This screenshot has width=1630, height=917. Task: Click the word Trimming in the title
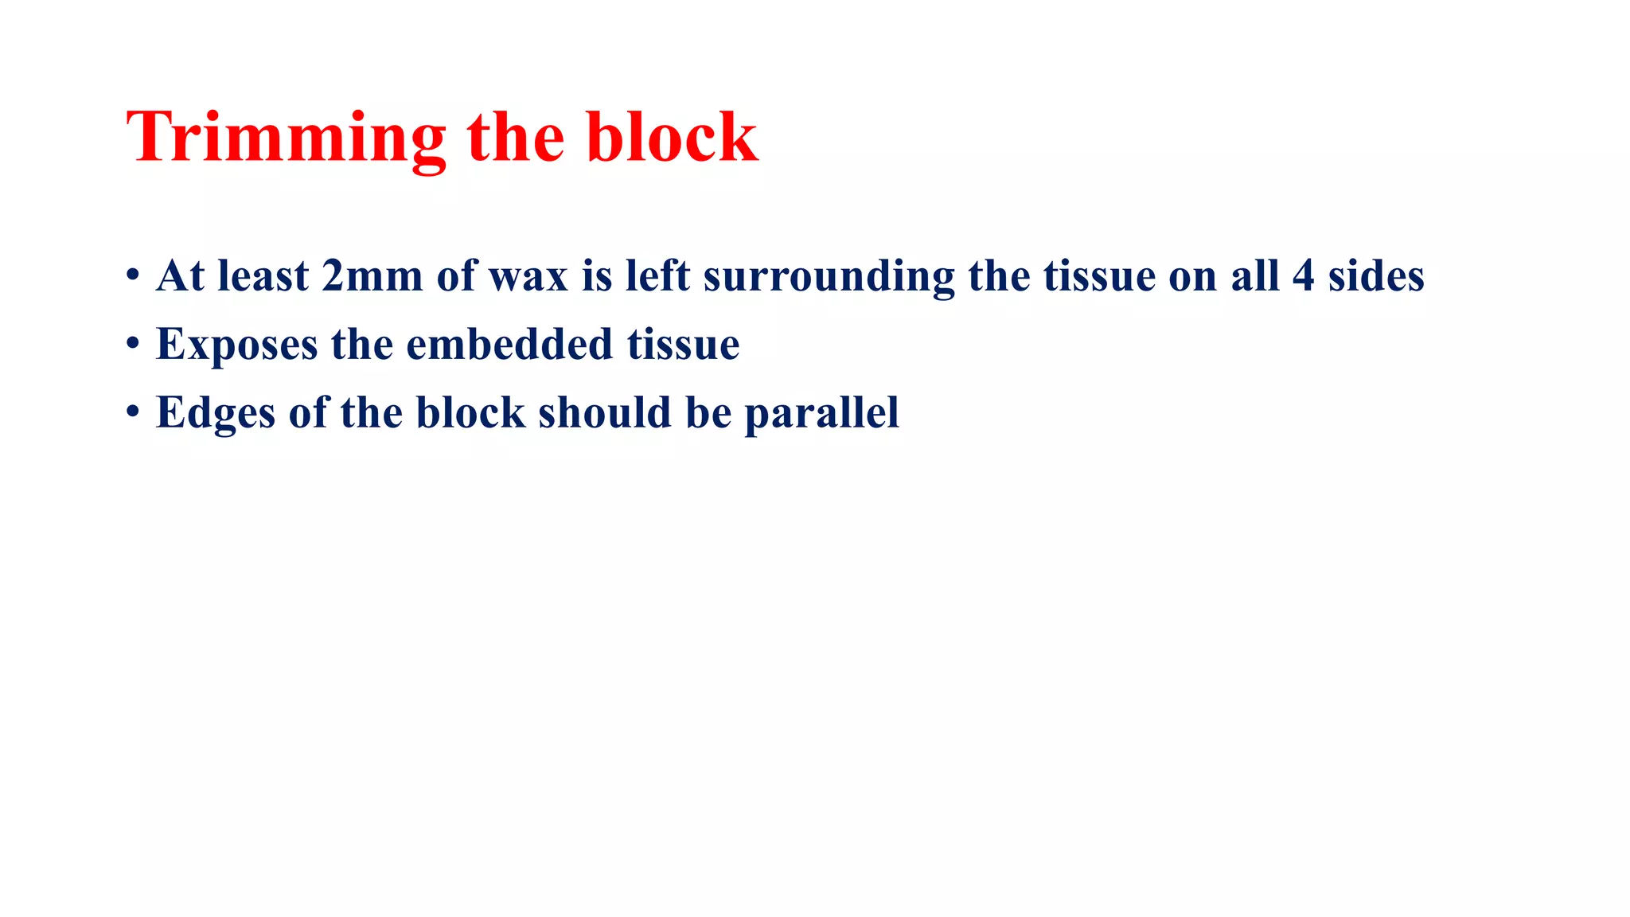click(x=285, y=139)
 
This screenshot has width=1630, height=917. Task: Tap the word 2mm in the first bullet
click(x=372, y=276)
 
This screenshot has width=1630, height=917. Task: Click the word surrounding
click(x=828, y=278)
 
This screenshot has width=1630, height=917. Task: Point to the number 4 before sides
click(x=1303, y=276)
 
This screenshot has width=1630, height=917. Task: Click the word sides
click(x=1376, y=276)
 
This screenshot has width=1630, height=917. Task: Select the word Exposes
click(x=236, y=345)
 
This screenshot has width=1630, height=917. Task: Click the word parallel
click(x=821, y=414)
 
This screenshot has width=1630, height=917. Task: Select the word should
click(x=604, y=412)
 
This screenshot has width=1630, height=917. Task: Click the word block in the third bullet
click(x=470, y=412)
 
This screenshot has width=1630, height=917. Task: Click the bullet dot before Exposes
click(x=133, y=345)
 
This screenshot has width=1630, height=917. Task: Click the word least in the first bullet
click(x=263, y=276)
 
